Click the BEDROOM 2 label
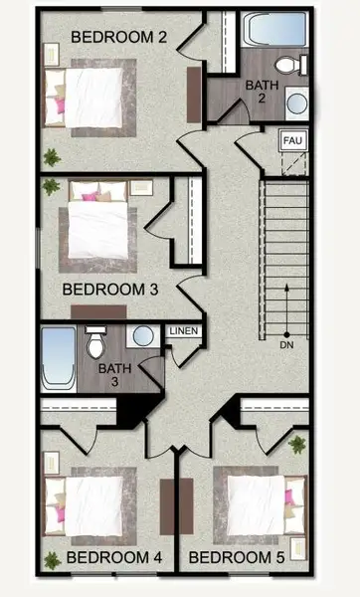117,38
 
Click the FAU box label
292,141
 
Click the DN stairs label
286,345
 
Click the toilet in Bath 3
95,344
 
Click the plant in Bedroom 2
51,156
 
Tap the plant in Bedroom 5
296,444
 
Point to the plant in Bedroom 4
51,560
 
